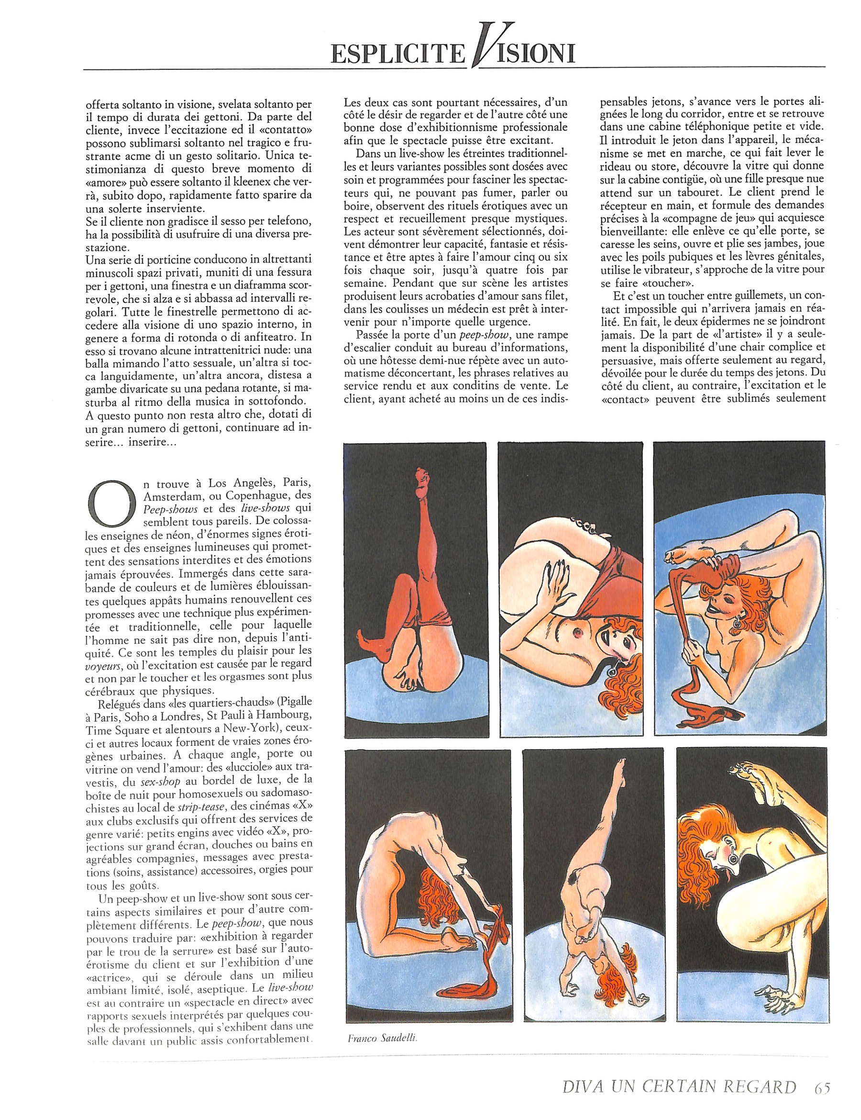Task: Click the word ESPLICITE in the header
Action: click(397, 53)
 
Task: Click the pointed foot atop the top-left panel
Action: click(422, 475)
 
